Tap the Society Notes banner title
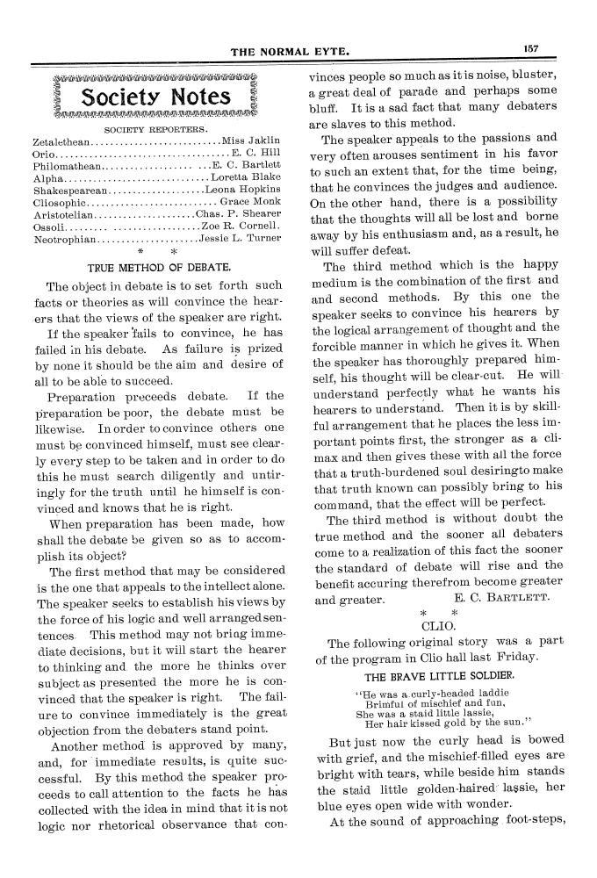pyautogui.click(x=155, y=97)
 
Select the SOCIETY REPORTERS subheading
pyautogui.click(x=155, y=129)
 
